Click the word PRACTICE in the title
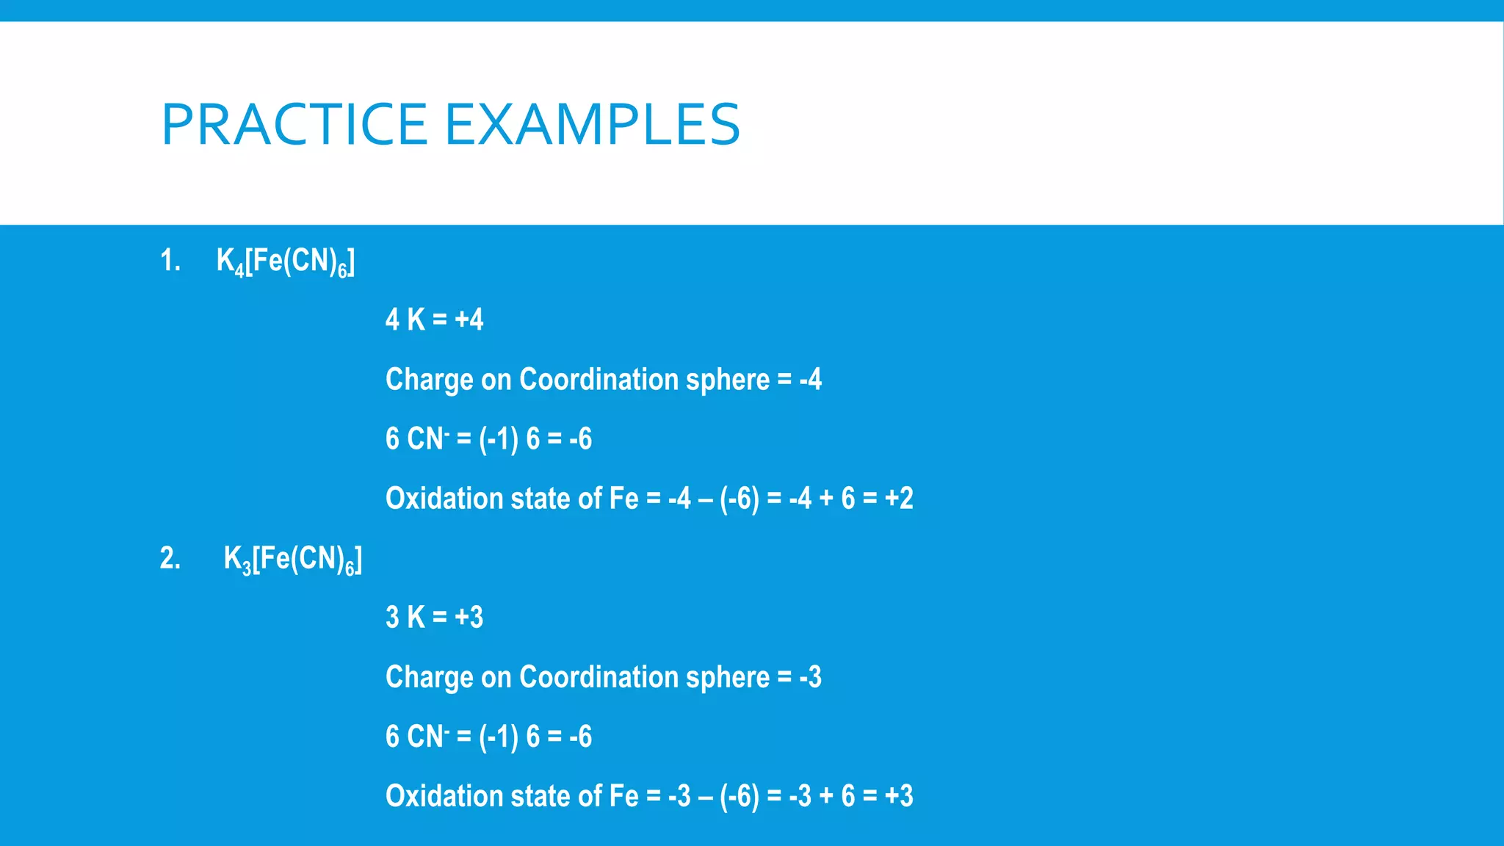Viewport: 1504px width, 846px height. click(294, 124)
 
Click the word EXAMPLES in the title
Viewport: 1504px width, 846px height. click(593, 124)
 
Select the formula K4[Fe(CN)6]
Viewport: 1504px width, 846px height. click(285, 262)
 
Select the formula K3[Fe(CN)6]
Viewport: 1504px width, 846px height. click(292, 560)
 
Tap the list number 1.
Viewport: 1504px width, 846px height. click(170, 261)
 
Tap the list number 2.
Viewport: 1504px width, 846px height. click(170, 559)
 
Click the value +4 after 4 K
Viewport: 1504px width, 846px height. click(469, 320)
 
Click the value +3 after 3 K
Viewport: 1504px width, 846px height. click(469, 618)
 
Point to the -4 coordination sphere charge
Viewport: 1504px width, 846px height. click(810, 380)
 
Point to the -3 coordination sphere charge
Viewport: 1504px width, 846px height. click(810, 677)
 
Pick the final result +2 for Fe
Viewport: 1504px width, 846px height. click(899, 499)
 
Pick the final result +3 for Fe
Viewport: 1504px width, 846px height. click(899, 796)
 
